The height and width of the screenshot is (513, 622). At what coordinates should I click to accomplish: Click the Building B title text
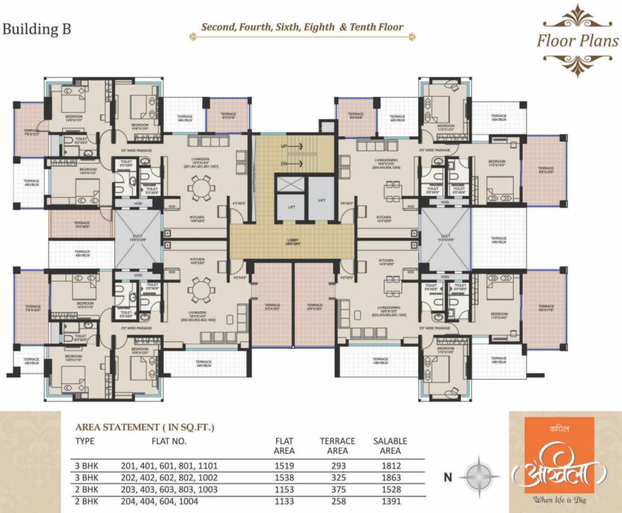[37, 29]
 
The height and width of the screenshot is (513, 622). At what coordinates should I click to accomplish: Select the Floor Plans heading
[578, 40]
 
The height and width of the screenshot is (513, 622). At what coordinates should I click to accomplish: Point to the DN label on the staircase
[284, 163]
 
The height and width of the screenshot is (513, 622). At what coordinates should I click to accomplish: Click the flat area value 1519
[285, 465]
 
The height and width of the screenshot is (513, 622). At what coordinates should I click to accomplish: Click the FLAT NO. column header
[168, 442]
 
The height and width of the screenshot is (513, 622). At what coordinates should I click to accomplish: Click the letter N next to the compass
[448, 478]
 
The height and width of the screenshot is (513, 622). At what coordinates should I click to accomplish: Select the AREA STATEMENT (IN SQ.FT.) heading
[146, 426]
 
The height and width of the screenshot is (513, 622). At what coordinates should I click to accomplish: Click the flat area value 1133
[285, 502]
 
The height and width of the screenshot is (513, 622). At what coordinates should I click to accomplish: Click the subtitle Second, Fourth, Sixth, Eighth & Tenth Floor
[303, 28]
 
